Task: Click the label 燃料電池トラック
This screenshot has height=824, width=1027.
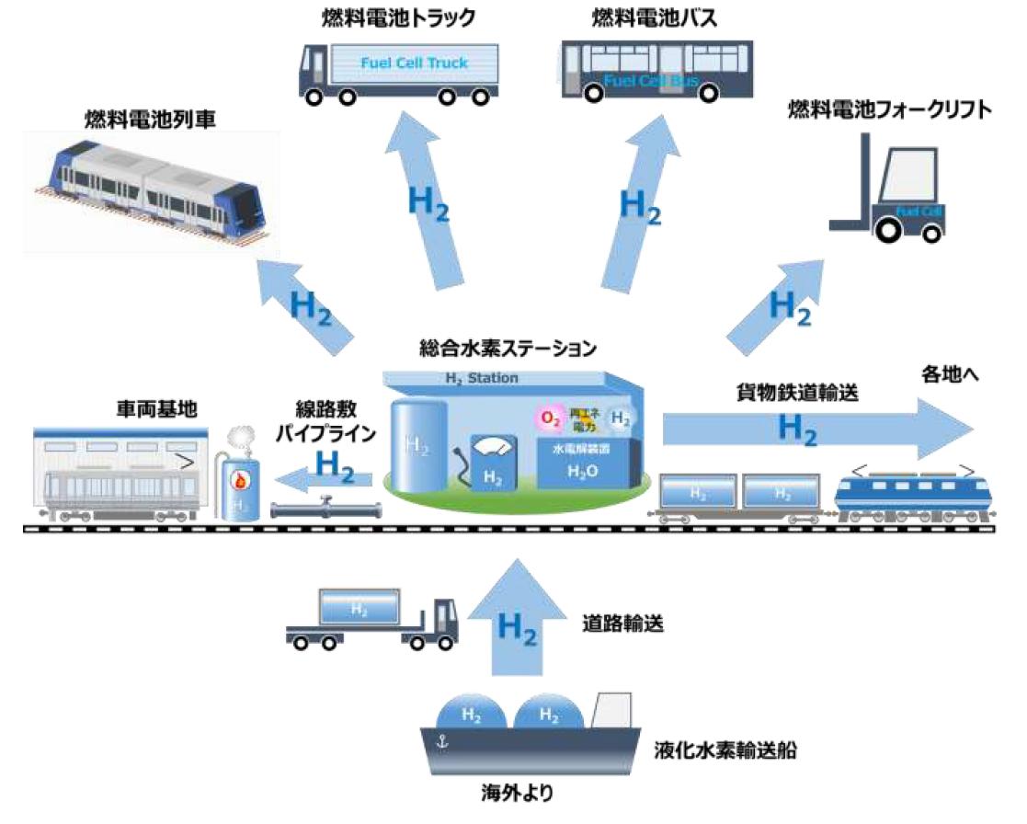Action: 398,17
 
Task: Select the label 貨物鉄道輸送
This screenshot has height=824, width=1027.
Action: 797,393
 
